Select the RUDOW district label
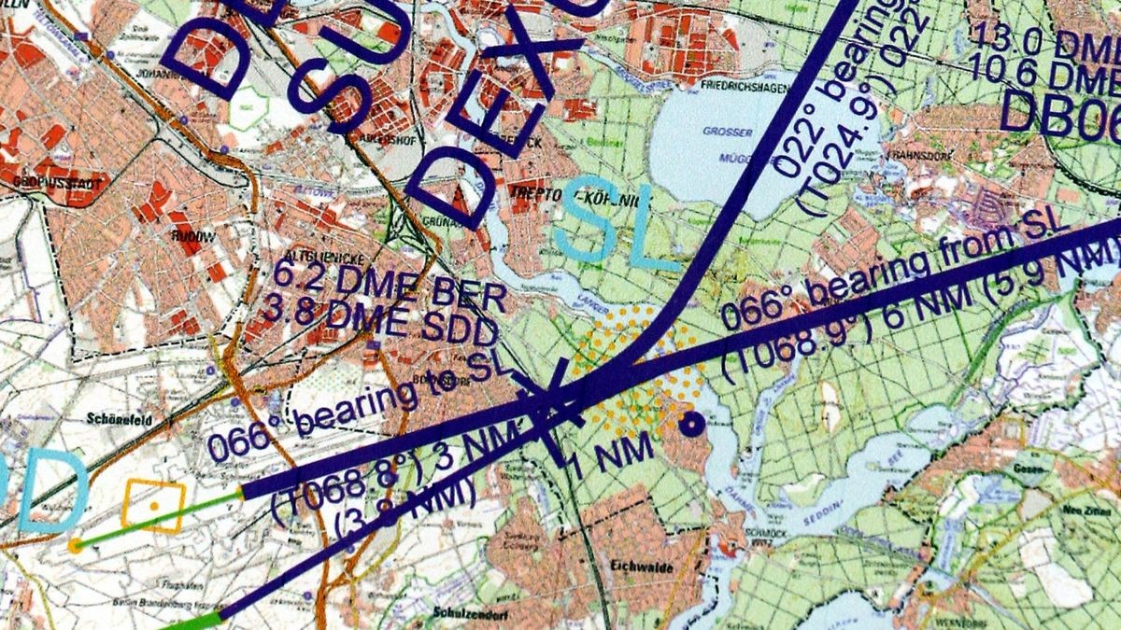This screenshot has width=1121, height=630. pyautogui.click(x=192, y=238)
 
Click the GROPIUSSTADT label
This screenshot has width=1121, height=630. pyautogui.click(x=52, y=184)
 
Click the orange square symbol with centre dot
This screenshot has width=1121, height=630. pyautogui.click(x=154, y=506)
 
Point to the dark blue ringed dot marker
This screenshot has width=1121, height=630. pyautogui.click(x=690, y=426)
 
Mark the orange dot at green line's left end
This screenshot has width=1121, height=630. pyautogui.click(x=75, y=545)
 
